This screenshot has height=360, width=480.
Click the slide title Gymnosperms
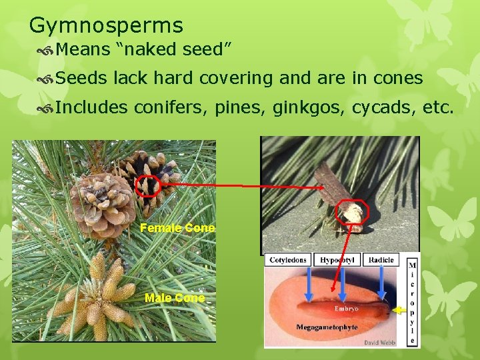pyautogui.click(x=106, y=25)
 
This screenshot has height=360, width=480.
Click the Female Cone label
pyautogui.click(x=177, y=228)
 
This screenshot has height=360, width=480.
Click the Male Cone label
pyautogui.click(x=175, y=298)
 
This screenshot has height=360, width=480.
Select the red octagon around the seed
pyautogui.click(x=351, y=213)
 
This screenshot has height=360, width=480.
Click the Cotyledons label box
pyautogui.click(x=288, y=260)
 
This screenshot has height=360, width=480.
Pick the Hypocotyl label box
pyautogui.click(x=337, y=260)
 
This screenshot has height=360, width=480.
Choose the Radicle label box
pyautogui.click(x=381, y=260)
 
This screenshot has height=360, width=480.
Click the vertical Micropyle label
pyautogui.click(x=413, y=300)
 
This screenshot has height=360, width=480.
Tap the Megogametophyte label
pyautogui.click(x=327, y=327)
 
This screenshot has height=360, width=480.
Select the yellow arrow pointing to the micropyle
pyautogui.click(x=401, y=309)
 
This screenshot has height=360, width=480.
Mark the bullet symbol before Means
pyautogui.click(x=46, y=50)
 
